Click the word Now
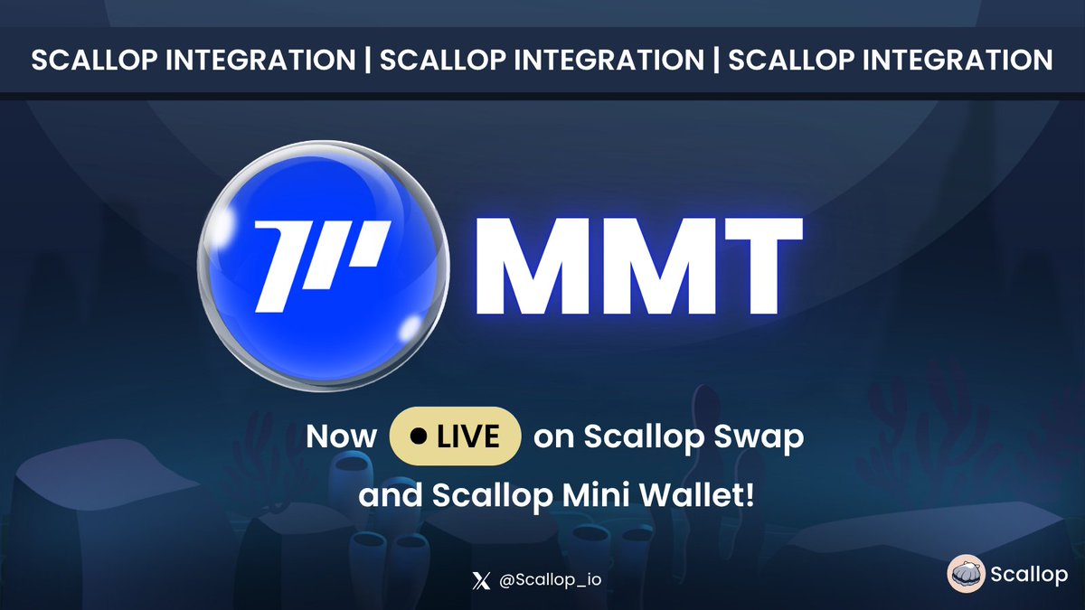(x=341, y=437)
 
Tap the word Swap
(x=764, y=437)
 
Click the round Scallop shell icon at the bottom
(x=966, y=576)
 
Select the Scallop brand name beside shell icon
(x=1028, y=576)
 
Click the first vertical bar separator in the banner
(x=369, y=61)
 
